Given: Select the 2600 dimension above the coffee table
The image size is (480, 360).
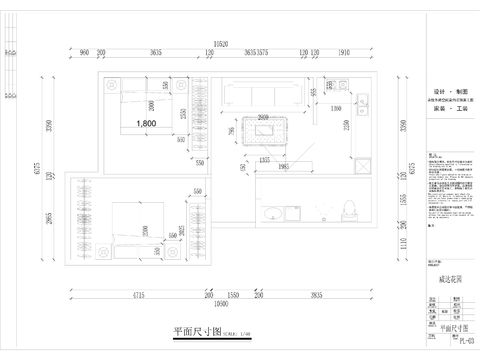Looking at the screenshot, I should tap(262, 116).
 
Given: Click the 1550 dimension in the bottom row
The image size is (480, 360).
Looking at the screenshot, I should tap(230, 297).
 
